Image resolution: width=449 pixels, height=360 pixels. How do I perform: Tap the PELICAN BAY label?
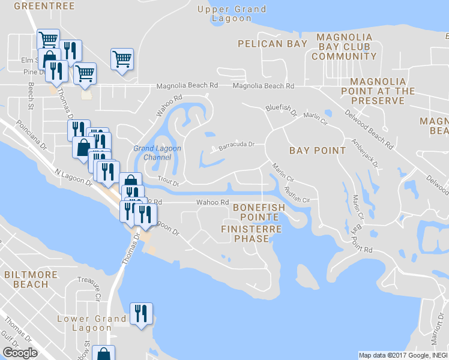[272, 44]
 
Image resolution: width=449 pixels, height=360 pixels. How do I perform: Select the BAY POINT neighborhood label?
[317, 151]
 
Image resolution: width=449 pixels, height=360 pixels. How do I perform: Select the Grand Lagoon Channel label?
[157, 153]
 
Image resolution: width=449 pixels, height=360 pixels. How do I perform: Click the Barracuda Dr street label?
[237, 145]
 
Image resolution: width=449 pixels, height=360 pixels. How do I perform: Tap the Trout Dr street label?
[168, 179]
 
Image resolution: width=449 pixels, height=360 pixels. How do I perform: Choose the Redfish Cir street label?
[298, 196]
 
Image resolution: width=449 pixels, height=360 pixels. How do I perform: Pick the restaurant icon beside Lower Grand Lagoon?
[141, 314]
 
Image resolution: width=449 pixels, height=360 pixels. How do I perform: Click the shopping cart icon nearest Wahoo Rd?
[122, 59]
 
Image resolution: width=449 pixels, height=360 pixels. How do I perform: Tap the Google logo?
[20, 353]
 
